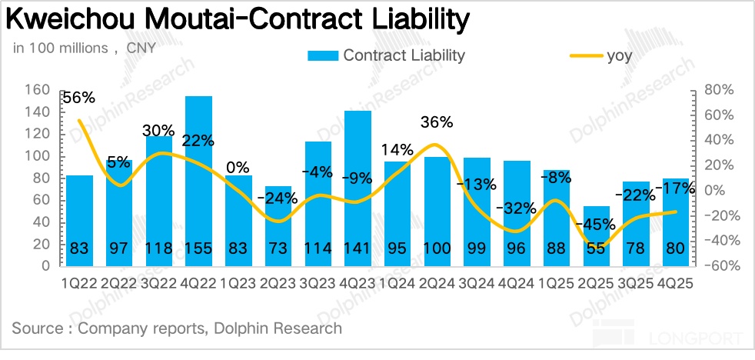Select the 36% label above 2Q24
click(437, 122)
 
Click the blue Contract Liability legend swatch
click(322, 55)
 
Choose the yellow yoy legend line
click(585, 55)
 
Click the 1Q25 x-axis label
click(557, 282)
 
